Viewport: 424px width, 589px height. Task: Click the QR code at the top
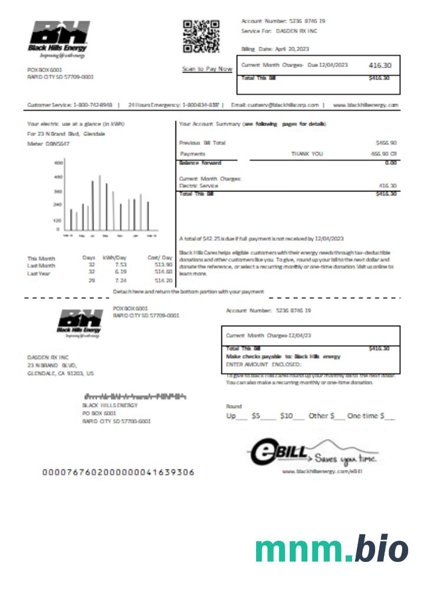201,37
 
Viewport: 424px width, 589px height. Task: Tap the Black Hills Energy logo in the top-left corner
59,39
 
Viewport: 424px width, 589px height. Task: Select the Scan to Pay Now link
207,69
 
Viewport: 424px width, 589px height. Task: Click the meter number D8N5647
56,143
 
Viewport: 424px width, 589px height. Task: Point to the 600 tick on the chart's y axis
58,162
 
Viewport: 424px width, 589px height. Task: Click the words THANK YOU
307,153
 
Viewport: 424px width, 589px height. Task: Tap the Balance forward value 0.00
390,163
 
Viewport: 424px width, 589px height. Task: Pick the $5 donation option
256,416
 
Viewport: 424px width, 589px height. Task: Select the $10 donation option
286,416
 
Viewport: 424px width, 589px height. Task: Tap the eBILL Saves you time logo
312,454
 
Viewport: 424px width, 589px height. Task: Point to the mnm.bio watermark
332,549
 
